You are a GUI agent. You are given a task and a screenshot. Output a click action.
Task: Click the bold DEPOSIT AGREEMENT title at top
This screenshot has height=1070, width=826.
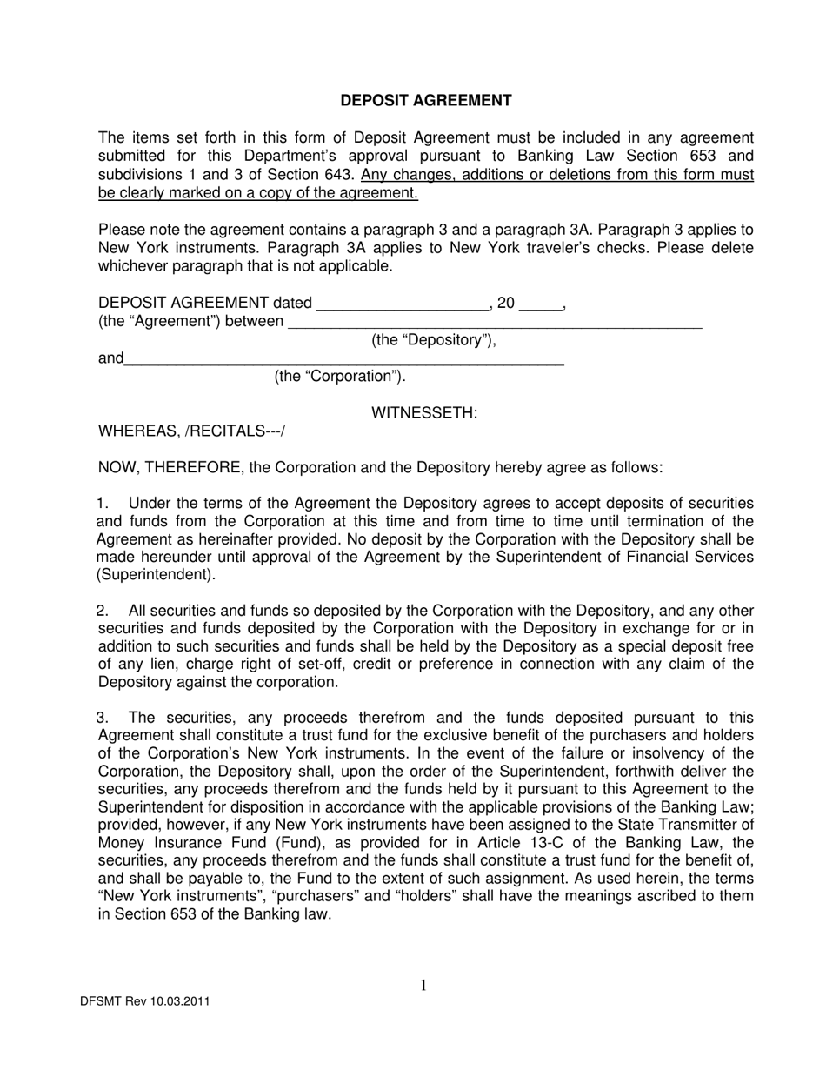click(x=425, y=101)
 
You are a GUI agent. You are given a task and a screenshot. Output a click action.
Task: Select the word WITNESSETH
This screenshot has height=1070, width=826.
click(x=424, y=412)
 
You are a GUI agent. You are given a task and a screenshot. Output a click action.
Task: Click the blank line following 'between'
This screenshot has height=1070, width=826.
click(x=494, y=323)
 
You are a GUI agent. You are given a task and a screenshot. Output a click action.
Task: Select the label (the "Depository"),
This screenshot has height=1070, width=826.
click(x=434, y=340)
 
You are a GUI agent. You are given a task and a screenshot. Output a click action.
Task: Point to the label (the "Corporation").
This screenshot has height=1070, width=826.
click(x=340, y=376)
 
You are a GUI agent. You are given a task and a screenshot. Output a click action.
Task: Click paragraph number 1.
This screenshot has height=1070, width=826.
click(x=103, y=504)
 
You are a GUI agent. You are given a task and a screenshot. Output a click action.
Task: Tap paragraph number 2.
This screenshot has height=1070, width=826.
click(x=103, y=611)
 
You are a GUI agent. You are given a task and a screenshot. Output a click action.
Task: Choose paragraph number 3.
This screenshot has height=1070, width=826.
click(x=103, y=718)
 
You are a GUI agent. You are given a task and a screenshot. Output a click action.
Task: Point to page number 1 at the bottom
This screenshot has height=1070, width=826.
click(x=423, y=985)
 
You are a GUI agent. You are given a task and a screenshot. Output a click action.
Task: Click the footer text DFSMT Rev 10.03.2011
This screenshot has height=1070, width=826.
click(x=144, y=1001)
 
